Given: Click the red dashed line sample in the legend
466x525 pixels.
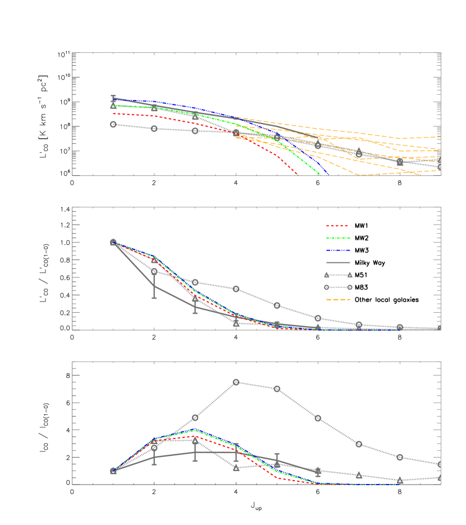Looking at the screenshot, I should [x=338, y=226].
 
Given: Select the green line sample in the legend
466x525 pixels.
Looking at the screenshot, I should [x=338, y=238].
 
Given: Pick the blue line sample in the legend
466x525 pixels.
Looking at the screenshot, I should [x=338, y=250].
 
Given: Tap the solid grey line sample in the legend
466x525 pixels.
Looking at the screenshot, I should [x=338, y=262].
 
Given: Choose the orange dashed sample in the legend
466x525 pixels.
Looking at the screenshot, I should [x=338, y=299].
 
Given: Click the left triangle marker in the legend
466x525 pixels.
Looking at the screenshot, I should [x=326, y=275].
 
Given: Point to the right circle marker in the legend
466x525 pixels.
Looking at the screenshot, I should [x=350, y=287].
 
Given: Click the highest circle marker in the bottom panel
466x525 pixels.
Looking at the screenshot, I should [x=236, y=382].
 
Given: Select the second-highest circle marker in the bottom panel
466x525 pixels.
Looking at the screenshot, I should [x=277, y=389].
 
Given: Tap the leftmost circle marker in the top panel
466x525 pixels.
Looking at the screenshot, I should [x=113, y=124].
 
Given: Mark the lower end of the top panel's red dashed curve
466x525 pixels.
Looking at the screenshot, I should [x=299, y=176].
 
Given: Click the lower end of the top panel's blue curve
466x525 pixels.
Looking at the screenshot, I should [x=328, y=175].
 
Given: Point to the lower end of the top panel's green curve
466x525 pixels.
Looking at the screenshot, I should [x=321, y=175].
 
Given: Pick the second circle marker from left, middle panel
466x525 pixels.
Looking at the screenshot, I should [x=154, y=271].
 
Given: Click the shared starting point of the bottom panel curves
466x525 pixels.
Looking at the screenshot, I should [x=113, y=471].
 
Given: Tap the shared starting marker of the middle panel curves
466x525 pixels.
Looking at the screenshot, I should [x=113, y=243].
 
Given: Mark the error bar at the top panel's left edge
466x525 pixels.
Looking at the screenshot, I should [x=113, y=99].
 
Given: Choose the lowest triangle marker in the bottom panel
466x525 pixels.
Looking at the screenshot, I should [x=400, y=480].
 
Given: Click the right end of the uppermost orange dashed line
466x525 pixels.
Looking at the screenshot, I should [x=441, y=136].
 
